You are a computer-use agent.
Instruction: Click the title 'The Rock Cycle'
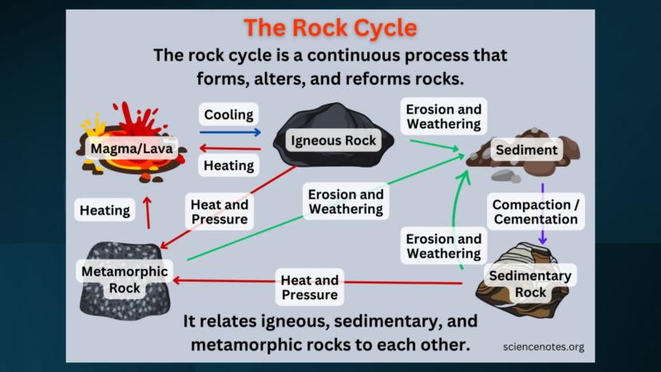point(330,28)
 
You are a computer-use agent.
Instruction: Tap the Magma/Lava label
point(133,148)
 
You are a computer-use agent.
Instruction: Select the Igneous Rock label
point(334,140)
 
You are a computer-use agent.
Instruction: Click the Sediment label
point(526,149)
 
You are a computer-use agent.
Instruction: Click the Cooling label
point(228,114)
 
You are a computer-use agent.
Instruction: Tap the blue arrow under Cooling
point(230,132)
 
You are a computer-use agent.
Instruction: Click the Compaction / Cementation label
point(535,212)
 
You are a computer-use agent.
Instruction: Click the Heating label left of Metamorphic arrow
point(105,211)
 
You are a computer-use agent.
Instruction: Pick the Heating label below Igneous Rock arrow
point(228,165)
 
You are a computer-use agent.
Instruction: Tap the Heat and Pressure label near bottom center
point(309,287)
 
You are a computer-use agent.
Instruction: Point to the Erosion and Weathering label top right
point(443,117)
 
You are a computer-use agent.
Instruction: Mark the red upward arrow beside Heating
point(147,212)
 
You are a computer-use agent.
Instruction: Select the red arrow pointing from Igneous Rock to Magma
point(230,148)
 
